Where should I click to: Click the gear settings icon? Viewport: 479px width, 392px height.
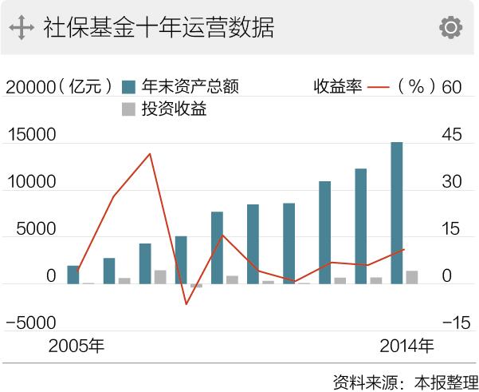[x=450, y=28]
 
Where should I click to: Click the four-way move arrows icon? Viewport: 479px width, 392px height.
[x=22, y=28]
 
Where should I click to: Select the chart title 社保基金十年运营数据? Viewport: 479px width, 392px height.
[x=158, y=28]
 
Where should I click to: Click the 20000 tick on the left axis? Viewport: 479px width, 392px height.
[x=30, y=87]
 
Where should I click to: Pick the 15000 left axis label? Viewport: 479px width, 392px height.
[x=30, y=135]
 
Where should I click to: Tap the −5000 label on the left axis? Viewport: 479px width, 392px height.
[x=30, y=323]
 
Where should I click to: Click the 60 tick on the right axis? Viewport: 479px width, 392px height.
[x=452, y=87]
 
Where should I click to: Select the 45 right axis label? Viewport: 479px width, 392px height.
[x=452, y=135]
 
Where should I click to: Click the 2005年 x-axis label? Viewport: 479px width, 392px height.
[x=77, y=346]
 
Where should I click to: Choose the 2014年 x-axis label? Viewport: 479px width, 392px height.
[x=407, y=346]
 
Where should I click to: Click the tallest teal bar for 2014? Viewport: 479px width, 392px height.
[x=397, y=212]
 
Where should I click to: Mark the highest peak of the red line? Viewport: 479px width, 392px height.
[x=150, y=154]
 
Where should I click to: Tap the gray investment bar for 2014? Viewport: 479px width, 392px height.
[x=411, y=277]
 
